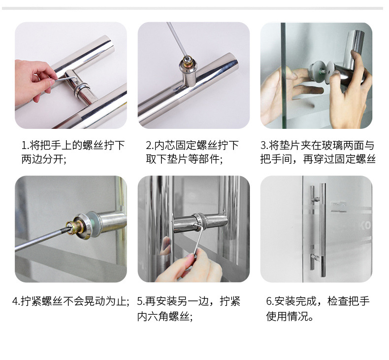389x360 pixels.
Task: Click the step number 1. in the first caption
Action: [x=25, y=146]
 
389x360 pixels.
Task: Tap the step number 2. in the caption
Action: [x=150, y=146]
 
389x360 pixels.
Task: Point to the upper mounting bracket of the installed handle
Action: [x=317, y=198]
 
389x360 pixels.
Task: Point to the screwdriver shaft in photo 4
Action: [x=39, y=240]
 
